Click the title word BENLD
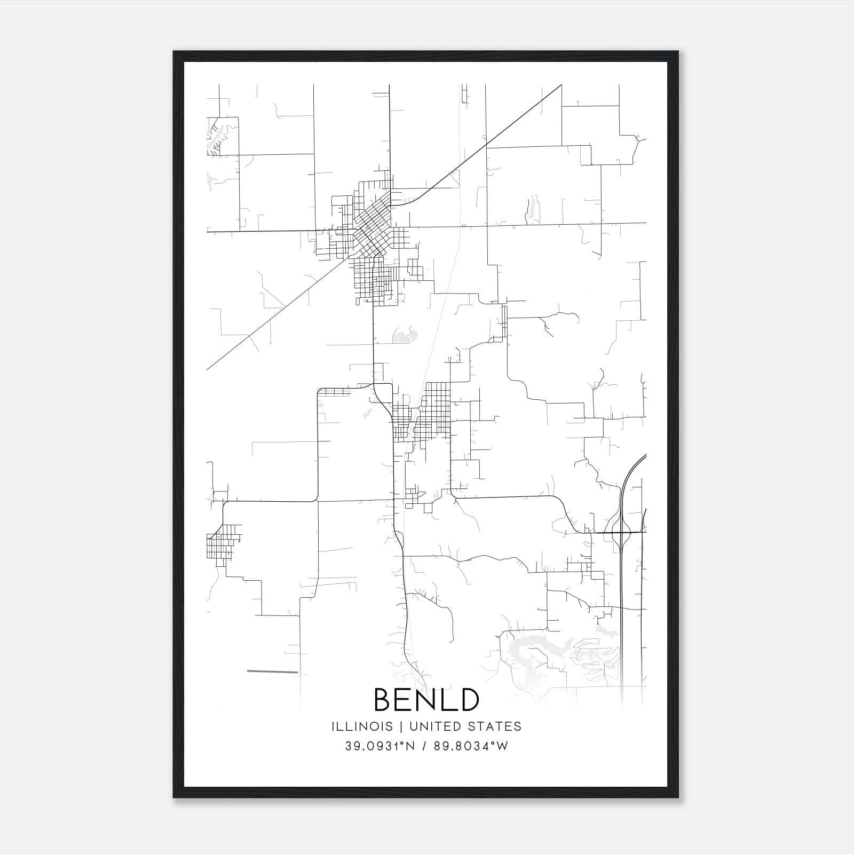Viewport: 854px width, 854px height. click(426, 700)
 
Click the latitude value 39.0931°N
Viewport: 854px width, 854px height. click(379, 746)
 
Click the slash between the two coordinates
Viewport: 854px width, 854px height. click(424, 746)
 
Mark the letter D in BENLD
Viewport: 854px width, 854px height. click(468, 700)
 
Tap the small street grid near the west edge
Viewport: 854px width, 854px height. click(222, 542)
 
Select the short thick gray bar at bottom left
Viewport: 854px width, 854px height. click(272, 671)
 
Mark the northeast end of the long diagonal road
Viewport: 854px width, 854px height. click(561, 85)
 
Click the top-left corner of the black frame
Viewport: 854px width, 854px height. click(173, 52)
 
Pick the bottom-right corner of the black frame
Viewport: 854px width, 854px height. click(678, 797)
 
